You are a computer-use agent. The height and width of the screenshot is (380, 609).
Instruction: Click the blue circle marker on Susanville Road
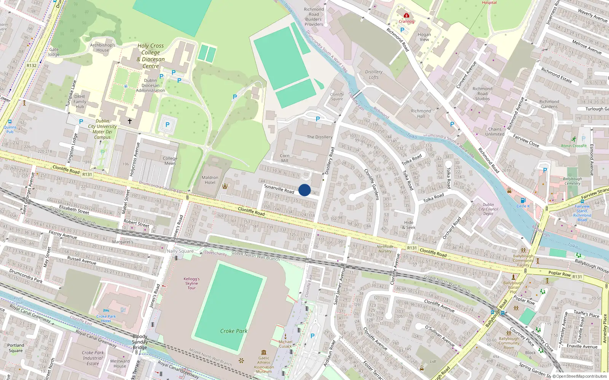click(x=304, y=190)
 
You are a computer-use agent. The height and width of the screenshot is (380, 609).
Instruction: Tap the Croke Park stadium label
click(x=234, y=331)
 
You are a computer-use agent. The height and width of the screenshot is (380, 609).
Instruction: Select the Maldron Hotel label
click(x=210, y=180)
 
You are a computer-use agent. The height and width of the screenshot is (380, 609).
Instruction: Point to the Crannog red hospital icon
click(x=407, y=16)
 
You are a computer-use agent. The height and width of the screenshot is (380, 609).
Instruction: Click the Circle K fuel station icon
click(x=523, y=201)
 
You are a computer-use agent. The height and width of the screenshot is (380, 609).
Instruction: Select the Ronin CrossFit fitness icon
click(x=574, y=139)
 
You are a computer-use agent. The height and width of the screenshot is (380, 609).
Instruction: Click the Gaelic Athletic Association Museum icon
click(x=264, y=352)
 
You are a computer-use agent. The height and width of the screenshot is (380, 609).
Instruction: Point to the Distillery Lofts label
click(x=374, y=74)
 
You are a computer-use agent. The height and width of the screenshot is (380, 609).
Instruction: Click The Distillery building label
click(x=319, y=137)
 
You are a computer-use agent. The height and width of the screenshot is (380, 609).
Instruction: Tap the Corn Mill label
click(x=285, y=158)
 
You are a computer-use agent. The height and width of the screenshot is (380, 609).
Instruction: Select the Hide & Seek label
click(x=409, y=225)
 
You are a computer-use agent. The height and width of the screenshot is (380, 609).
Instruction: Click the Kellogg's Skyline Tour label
click(x=191, y=283)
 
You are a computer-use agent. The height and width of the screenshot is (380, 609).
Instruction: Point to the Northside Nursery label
click(x=385, y=249)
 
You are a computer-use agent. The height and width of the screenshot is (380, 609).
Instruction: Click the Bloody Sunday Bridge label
click(x=140, y=342)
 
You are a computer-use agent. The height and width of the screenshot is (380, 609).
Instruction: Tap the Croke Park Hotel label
click(x=106, y=318)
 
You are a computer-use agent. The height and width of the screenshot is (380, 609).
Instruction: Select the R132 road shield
click(x=32, y=65)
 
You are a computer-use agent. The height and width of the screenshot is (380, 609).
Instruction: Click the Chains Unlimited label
click(x=495, y=131)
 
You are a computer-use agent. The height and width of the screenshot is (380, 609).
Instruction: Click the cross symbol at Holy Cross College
click(x=130, y=121)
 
